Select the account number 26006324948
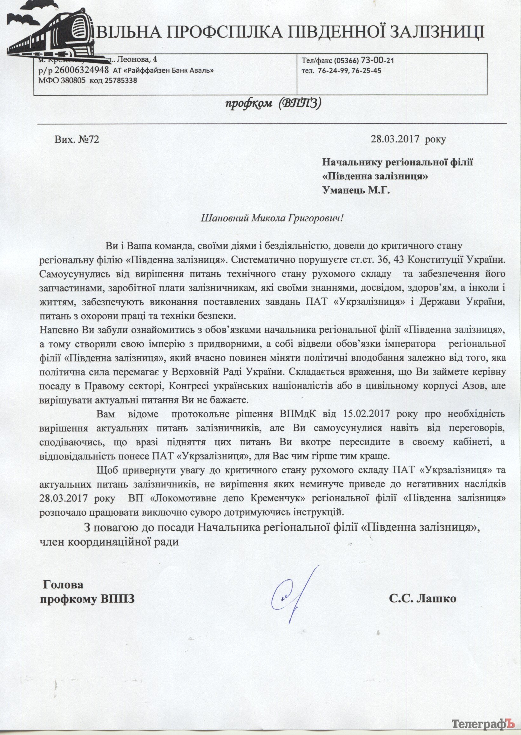tap(82, 70)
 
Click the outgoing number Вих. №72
tap(77, 139)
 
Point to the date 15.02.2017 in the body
tap(356, 414)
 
